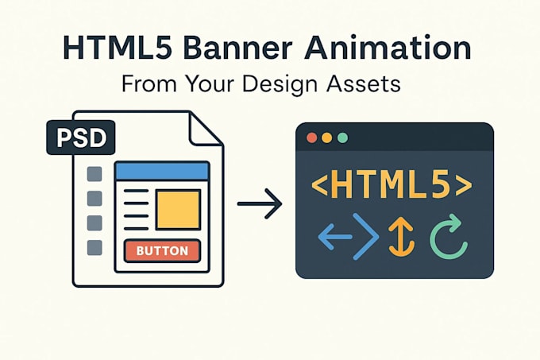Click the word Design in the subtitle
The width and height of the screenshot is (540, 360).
280,84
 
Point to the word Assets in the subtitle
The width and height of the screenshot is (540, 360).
364,83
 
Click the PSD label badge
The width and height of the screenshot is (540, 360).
80,137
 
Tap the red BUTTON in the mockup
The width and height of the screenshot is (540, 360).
162,250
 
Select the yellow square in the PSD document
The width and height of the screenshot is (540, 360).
178,210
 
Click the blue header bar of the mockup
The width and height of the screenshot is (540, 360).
162,171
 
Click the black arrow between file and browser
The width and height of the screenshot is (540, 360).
260,203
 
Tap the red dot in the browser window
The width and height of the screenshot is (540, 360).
311,137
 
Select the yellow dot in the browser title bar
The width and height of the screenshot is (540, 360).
327,137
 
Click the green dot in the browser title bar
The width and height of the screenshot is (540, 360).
342,137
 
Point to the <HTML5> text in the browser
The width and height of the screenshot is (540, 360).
391,184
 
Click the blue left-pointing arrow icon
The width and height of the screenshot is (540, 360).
335,237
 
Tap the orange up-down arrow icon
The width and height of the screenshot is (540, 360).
402,237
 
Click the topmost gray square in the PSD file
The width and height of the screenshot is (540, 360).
94,173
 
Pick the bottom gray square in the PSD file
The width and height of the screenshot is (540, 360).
94,248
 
